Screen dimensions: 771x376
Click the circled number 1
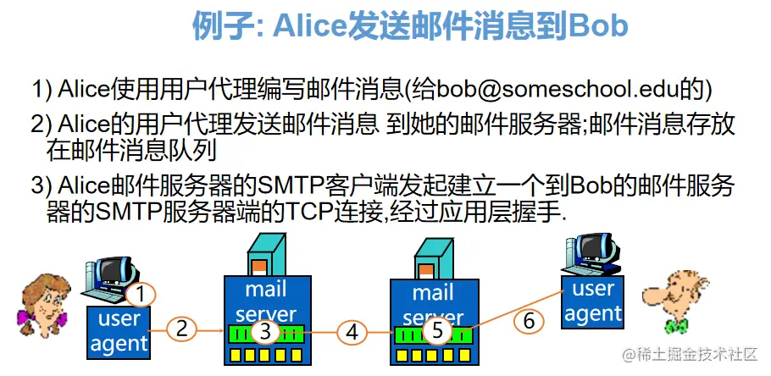[x=142, y=294]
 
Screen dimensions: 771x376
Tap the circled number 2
[x=181, y=329]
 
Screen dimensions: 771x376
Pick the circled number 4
[x=352, y=333]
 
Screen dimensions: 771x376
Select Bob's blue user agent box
[x=593, y=302]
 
